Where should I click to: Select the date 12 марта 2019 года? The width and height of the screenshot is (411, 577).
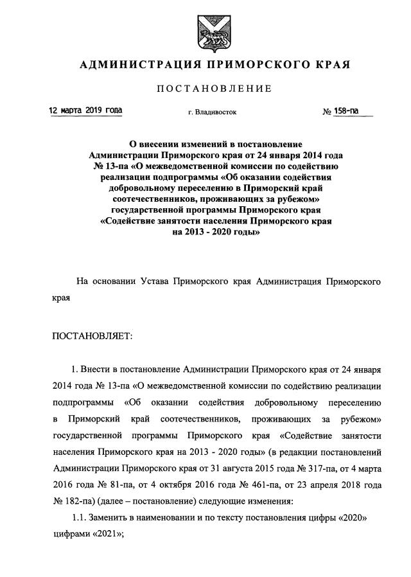86,111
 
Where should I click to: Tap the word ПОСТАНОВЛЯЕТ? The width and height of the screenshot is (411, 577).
91,335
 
